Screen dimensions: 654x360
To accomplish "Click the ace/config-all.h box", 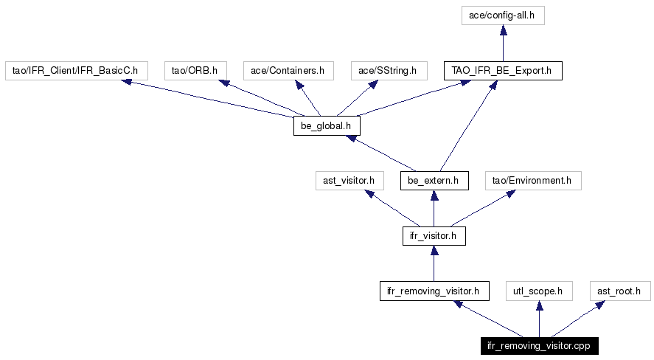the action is pos(503,15).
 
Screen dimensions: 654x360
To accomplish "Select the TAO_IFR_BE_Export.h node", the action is pos(503,71).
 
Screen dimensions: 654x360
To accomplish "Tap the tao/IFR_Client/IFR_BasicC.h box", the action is pos(77,71).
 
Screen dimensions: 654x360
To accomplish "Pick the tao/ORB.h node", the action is pos(195,71).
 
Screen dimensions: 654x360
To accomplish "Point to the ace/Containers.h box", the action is pos(288,71).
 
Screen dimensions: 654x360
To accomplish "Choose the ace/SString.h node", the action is pos(389,71).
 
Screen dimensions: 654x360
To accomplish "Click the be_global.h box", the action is pos(327,126).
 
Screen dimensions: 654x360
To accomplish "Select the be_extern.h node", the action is pos(434,181).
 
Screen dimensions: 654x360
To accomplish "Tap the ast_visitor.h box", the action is pos(349,181).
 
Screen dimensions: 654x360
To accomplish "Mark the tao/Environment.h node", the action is pos(533,181).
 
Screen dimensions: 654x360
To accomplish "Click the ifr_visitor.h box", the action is pos(434,236).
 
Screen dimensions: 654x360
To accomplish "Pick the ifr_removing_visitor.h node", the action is pos(434,291).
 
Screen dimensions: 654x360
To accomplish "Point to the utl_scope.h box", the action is pos(539,291).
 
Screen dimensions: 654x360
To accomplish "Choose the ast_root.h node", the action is pos(620,291).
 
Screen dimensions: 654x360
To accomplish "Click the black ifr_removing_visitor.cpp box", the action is pos(539,346).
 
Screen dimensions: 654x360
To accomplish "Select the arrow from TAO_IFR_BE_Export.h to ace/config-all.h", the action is pos(503,44).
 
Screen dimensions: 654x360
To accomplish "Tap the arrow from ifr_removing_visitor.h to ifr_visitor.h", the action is pos(434,263).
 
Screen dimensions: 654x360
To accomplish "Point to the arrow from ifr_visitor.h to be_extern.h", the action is pos(434,209).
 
